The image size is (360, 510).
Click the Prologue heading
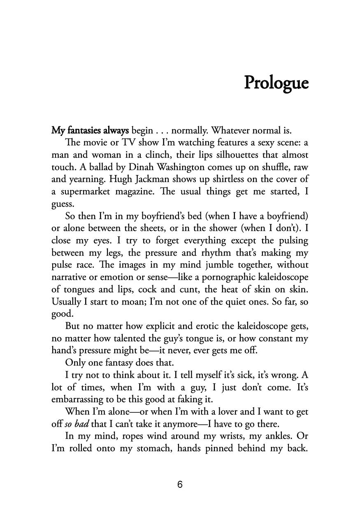pyautogui.click(x=276, y=82)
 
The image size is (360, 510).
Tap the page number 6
pyautogui.click(x=180, y=484)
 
